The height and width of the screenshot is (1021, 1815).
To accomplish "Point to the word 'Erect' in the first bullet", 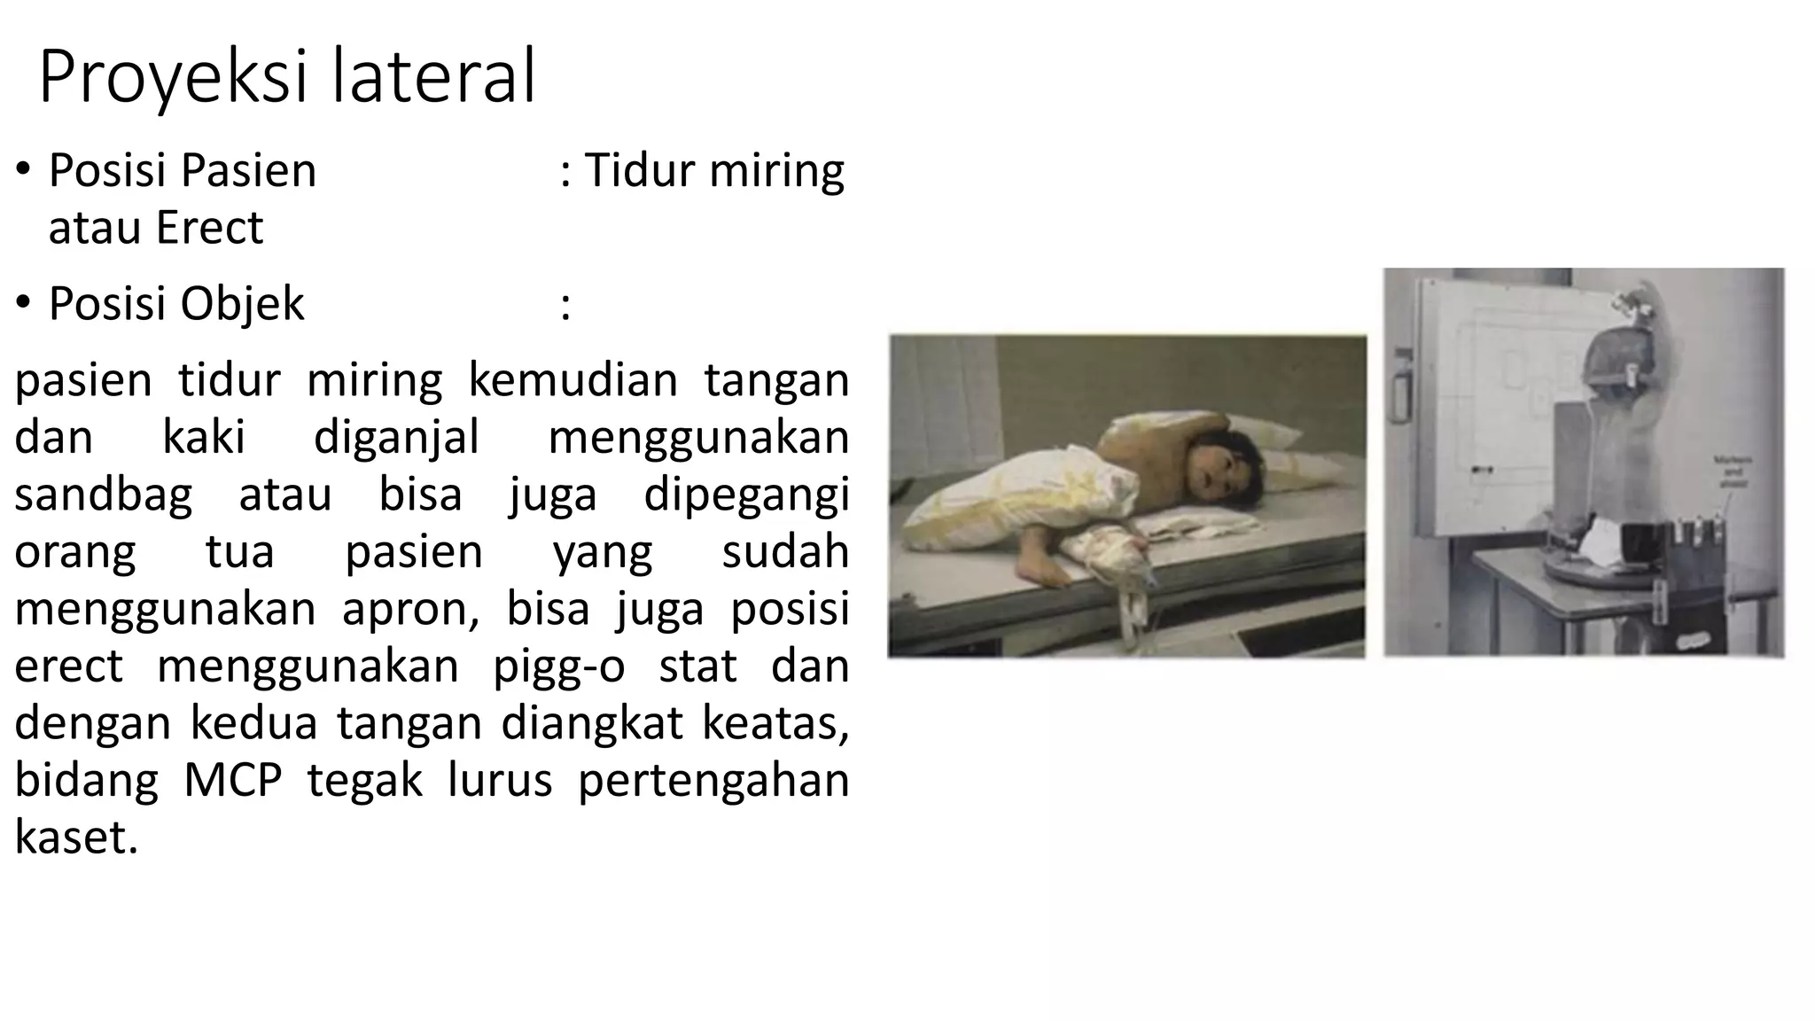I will point(209,228).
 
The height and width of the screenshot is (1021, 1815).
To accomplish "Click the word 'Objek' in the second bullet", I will point(242,304).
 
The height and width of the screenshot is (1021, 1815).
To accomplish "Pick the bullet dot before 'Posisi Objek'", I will point(24,303).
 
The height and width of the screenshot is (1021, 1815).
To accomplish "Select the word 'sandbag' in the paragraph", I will point(103,495).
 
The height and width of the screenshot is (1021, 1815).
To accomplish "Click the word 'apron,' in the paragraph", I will point(410,609).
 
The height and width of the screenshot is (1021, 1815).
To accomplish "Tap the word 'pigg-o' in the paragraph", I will point(558,666).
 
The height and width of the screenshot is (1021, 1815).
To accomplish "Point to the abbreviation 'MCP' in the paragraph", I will point(233,781).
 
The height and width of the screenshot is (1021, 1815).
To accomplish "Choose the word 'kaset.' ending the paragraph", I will point(76,838).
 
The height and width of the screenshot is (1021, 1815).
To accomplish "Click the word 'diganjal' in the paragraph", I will point(396,438).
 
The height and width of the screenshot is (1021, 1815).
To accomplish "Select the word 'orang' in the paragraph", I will point(75,551).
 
